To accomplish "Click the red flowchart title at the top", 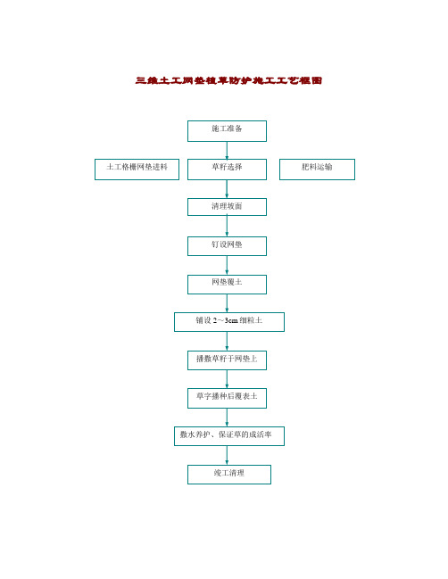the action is click(228, 80).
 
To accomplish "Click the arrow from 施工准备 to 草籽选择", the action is click(227, 150).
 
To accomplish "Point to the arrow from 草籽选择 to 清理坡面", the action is click(227, 189).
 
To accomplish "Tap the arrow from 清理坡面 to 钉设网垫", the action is click(227, 226).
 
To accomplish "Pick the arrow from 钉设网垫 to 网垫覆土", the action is click(227, 265).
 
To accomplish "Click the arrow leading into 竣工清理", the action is click(227, 455).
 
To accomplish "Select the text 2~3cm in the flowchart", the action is click(225, 320).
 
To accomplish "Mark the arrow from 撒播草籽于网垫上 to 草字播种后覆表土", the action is click(227, 379).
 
